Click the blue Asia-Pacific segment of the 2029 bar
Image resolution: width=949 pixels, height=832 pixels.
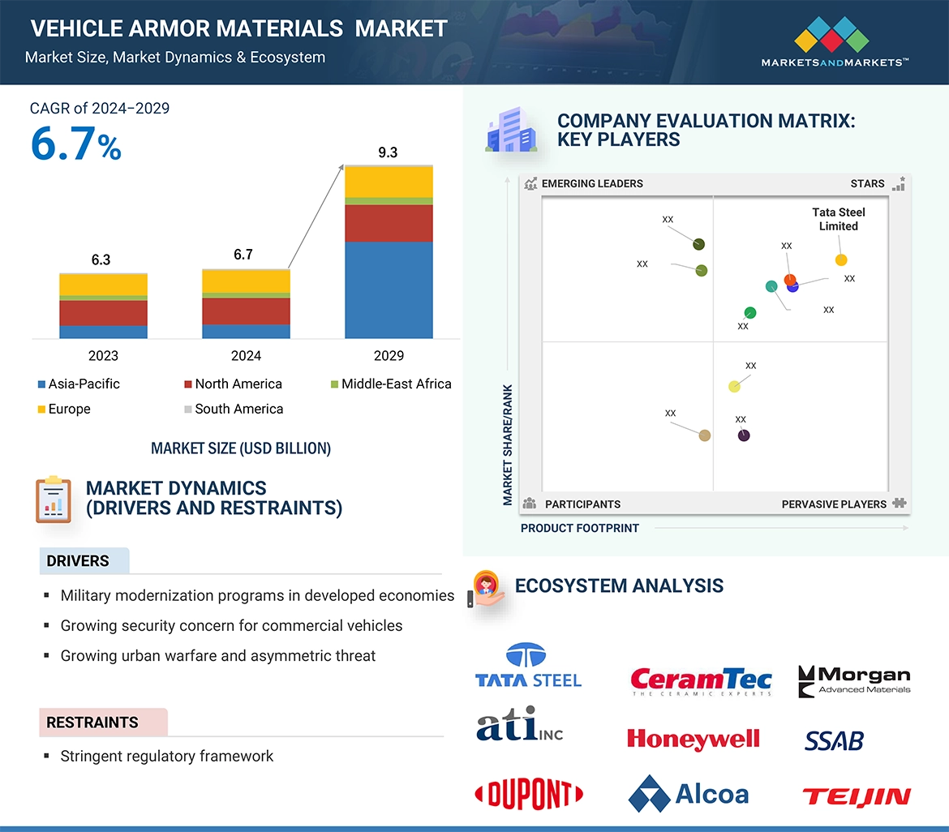(389, 289)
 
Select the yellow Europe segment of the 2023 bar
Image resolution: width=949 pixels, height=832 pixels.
(103, 284)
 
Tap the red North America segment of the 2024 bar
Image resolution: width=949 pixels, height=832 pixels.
(246, 311)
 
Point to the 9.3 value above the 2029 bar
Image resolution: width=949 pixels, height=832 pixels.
(388, 152)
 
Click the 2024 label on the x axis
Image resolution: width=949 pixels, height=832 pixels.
(246, 355)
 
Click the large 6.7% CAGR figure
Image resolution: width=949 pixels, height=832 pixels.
(76, 144)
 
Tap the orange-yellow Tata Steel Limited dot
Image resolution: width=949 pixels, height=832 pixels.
(841, 260)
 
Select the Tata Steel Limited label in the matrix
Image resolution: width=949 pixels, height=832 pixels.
(839, 219)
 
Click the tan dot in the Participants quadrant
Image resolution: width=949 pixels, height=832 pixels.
(705, 435)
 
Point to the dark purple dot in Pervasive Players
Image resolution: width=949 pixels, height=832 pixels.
(744, 435)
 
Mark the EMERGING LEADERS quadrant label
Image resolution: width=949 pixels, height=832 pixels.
(591, 183)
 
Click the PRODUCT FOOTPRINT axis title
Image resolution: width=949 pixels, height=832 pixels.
(579, 528)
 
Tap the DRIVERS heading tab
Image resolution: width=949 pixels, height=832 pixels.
(79, 561)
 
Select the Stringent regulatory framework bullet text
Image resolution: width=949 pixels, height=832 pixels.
(167, 757)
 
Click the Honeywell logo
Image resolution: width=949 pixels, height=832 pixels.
(693, 739)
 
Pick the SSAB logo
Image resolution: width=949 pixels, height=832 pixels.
(834, 740)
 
